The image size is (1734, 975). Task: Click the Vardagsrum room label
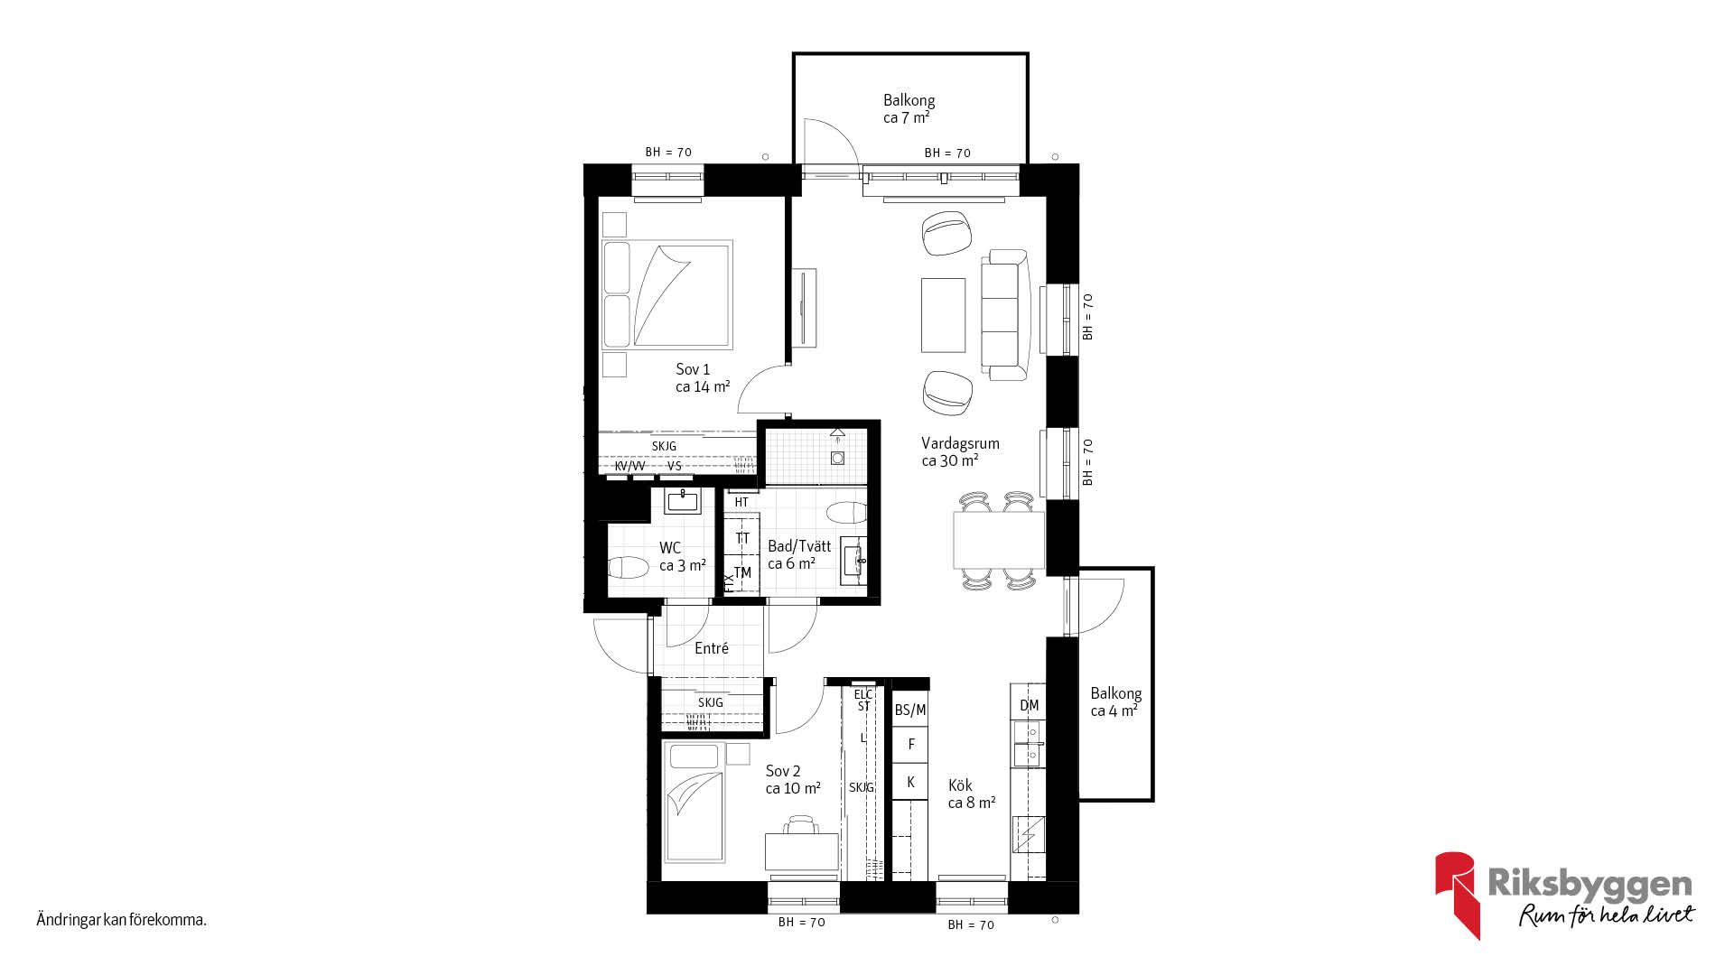[x=960, y=443]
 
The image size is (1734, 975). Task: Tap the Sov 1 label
[x=693, y=369]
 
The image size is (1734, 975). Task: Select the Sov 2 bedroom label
[x=783, y=771]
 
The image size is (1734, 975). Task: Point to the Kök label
[x=960, y=785]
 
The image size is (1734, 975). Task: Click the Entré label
[x=712, y=647]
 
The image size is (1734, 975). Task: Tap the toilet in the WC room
[x=629, y=568]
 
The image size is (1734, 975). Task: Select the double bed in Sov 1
[x=667, y=294]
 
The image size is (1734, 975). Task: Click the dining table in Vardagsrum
[x=999, y=540]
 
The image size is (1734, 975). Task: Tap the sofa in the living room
[x=1005, y=314]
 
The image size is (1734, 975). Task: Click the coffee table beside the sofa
[x=943, y=315]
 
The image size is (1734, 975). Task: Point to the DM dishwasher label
[x=1030, y=705]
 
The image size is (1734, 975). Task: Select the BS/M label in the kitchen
[x=910, y=710]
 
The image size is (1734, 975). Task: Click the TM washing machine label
[x=742, y=572]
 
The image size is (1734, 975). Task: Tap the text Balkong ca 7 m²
[x=909, y=108]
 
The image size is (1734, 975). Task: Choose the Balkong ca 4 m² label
[x=1115, y=701]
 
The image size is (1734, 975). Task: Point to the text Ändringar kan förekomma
[x=122, y=920]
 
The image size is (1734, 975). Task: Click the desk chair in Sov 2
[x=801, y=824]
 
